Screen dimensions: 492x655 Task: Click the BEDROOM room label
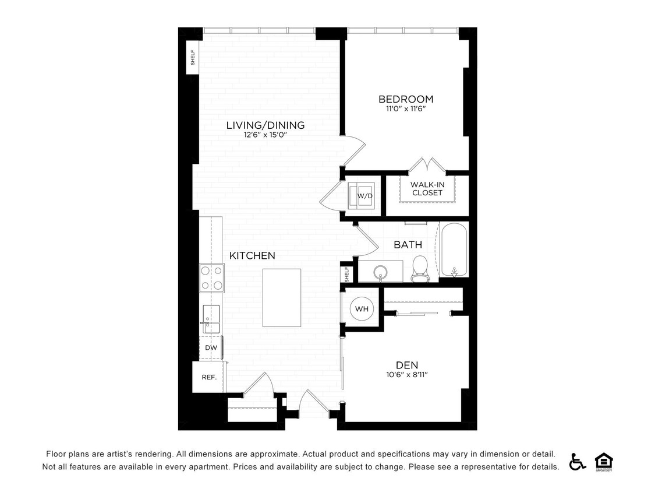pos(406,99)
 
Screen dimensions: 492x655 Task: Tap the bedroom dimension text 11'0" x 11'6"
pos(406,108)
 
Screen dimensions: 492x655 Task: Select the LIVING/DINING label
pos(265,125)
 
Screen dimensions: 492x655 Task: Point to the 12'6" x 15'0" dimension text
pos(265,135)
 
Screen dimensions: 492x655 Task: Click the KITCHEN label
pos(252,255)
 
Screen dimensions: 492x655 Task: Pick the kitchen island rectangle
pos(281,298)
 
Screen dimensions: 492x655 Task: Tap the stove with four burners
pos(212,277)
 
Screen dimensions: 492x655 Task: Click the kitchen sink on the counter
pos(210,319)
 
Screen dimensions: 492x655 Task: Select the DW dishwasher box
pos(211,347)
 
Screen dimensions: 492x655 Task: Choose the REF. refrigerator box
pos(209,377)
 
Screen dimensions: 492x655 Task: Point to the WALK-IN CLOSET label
pos(427,189)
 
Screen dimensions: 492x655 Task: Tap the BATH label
pos(408,245)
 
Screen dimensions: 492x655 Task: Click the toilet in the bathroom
pos(419,268)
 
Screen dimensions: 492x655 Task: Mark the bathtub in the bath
pos(454,250)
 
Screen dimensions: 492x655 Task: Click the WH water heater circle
pos(362,309)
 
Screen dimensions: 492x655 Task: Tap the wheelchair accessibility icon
pos(578,461)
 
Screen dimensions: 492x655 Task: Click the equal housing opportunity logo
pos(604,461)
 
